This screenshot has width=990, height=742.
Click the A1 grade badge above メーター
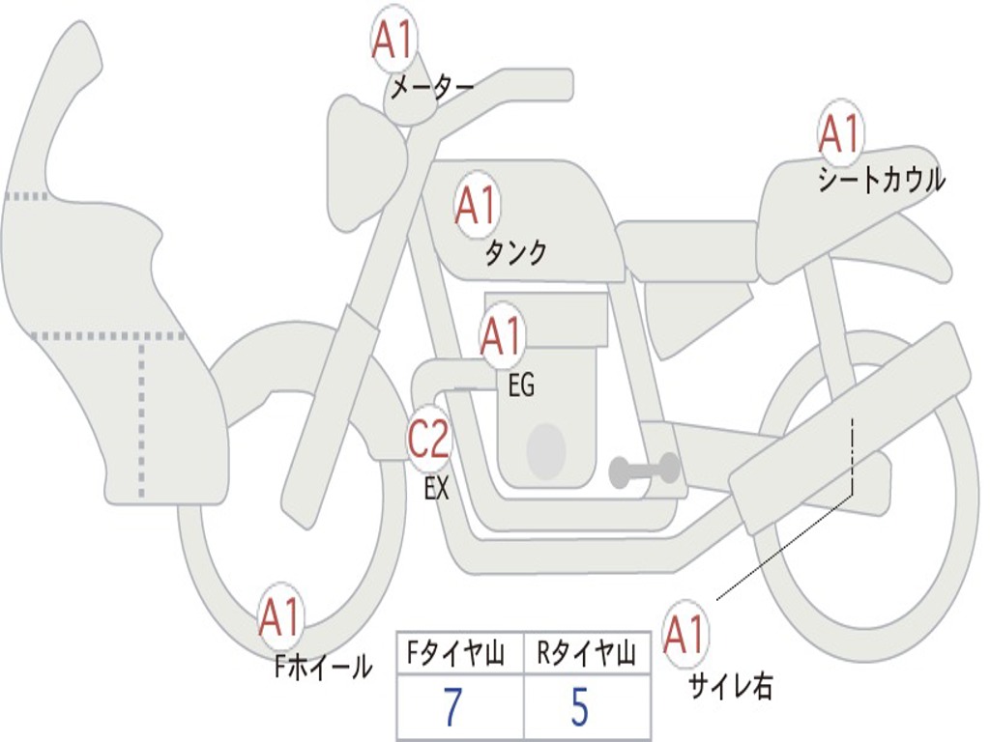(x=393, y=41)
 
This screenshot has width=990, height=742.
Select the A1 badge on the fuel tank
(x=476, y=206)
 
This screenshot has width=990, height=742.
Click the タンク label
(x=515, y=253)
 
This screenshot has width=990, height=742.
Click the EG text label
(x=521, y=386)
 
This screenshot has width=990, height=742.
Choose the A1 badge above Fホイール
(x=280, y=618)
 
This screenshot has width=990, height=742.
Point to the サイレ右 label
(x=730, y=687)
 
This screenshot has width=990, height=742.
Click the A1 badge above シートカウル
(x=840, y=133)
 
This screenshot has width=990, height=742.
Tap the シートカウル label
(x=881, y=181)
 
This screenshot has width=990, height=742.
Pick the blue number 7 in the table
(x=451, y=708)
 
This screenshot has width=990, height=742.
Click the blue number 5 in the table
(x=579, y=708)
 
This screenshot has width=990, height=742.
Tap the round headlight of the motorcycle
(x=365, y=162)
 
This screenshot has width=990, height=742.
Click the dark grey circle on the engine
(x=546, y=450)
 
